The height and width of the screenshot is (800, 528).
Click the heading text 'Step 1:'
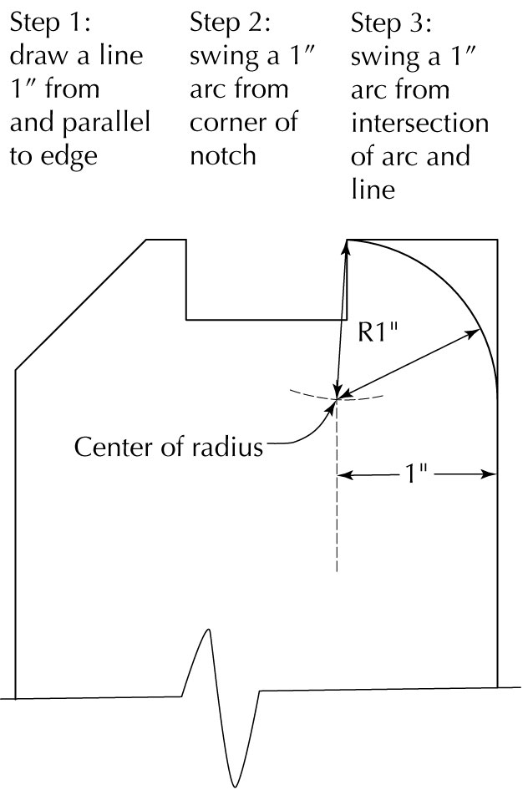pyautogui.click(x=50, y=23)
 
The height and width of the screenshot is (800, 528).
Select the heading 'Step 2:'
pyautogui.click(x=230, y=23)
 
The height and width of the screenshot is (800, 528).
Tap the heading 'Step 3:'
pyautogui.click(x=391, y=24)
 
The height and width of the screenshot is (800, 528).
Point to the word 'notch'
pyautogui.click(x=222, y=154)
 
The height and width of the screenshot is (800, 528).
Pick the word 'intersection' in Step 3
pyautogui.click(x=419, y=123)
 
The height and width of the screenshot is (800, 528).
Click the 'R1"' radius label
pyautogui.click(x=376, y=332)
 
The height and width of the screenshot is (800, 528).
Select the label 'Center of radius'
pyautogui.click(x=169, y=447)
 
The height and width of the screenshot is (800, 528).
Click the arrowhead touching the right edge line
pyautogui.click(x=490, y=474)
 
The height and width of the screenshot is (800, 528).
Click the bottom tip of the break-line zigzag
pyautogui.click(x=236, y=787)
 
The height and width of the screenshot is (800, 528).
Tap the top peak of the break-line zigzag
pyautogui.click(x=208, y=630)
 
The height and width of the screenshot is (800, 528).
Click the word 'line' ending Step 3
pyautogui.click(x=373, y=190)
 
